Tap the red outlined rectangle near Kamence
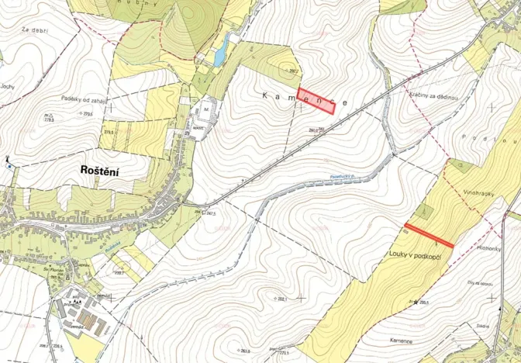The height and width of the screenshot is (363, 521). (316, 101)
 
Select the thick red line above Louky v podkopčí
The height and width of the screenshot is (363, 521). (429, 236)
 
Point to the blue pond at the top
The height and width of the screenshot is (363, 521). (221, 50)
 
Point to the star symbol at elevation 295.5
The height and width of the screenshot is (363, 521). (416, 301)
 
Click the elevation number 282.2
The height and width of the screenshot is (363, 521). (293, 71)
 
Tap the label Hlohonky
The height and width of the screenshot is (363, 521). (490, 249)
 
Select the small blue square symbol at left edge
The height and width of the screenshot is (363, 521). (9, 166)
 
